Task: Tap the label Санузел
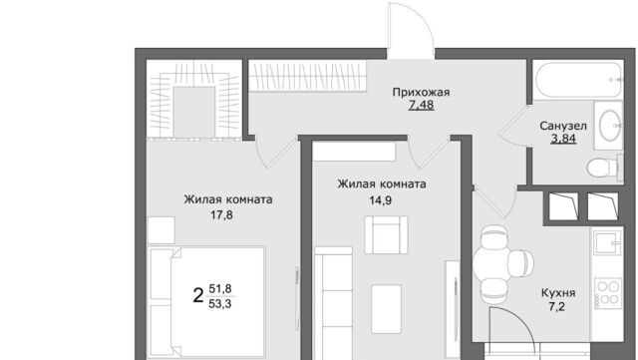coord(563,127)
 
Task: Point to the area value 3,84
coord(563,141)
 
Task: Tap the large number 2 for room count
coord(198,294)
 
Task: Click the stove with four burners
coord(608,292)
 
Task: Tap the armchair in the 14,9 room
coord(385,235)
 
